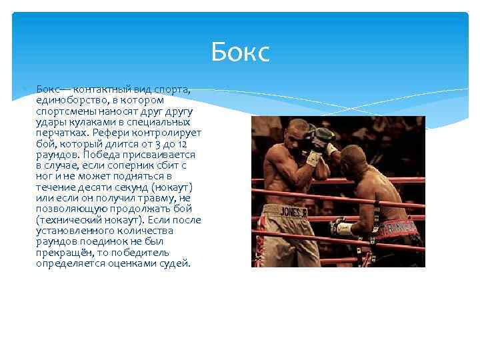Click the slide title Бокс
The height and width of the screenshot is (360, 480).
point(240,52)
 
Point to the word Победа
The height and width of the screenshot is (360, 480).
point(113,154)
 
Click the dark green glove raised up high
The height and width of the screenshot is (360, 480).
point(323,135)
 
